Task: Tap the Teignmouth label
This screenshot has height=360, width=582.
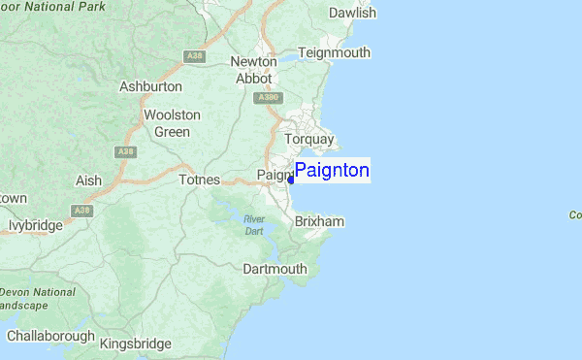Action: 335,52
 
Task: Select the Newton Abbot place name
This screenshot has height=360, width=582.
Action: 254,70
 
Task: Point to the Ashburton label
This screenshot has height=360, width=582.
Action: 150,86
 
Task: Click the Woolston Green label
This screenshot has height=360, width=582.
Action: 172,123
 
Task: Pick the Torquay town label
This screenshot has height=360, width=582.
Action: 308,140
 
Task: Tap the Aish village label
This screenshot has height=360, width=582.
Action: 88,180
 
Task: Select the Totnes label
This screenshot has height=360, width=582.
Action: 201,180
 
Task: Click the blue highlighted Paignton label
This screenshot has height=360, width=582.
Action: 332,171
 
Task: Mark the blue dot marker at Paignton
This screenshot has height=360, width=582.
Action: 291,180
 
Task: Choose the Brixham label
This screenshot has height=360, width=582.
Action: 319,222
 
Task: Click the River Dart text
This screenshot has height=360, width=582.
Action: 254,225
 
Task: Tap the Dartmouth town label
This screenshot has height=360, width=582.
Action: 275,268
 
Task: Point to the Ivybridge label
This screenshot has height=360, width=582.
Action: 36,225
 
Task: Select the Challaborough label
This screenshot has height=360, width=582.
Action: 50,336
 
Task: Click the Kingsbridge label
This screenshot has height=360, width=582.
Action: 136,344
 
